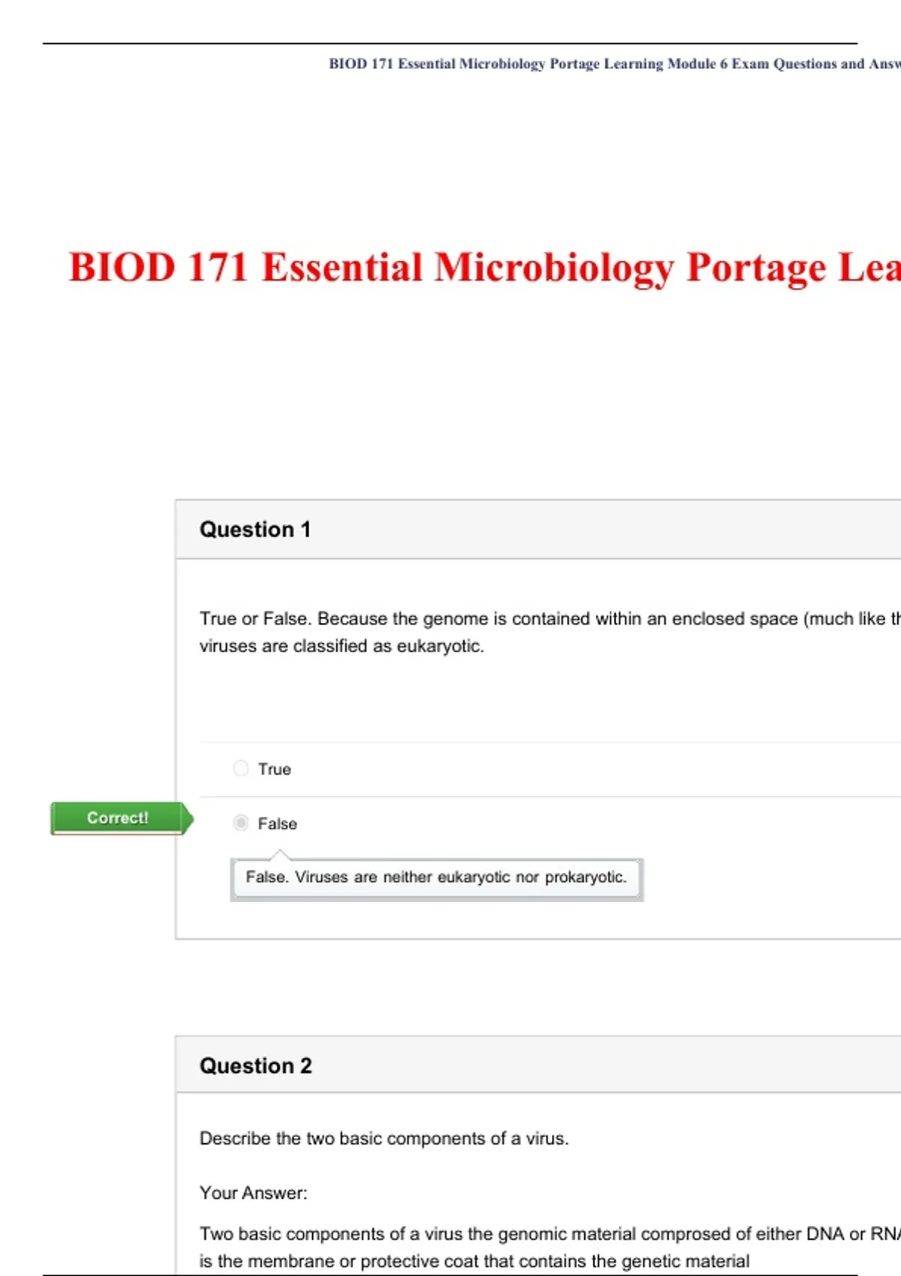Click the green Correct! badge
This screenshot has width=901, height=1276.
point(122,818)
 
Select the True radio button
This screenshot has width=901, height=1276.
point(240,769)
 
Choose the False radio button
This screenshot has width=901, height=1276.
point(240,823)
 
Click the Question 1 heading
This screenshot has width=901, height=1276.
point(255,530)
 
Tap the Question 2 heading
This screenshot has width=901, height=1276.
point(256,1066)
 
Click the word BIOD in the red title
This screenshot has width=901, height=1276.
point(122,267)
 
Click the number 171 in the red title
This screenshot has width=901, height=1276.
point(218,267)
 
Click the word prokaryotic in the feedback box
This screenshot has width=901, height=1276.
point(586,877)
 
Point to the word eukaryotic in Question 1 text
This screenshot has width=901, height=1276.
point(440,646)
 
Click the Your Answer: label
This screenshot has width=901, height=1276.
point(253,1193)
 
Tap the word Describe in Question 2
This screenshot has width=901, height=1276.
point(235,1139)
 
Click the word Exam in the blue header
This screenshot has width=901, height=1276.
point(750,64)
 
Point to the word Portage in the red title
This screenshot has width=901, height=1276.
point(755,268)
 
